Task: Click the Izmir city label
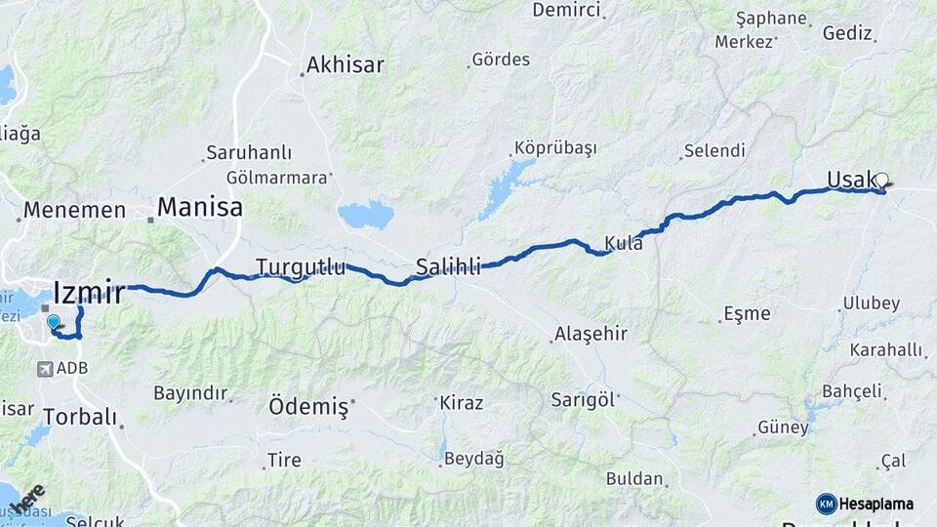click(89, 292)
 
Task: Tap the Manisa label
click(199, 207)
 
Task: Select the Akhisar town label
click(345, 65)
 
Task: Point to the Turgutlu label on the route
click(301, 266)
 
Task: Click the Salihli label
click(448, 266)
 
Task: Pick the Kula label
click(624, 243)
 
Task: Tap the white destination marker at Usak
click(882, 180)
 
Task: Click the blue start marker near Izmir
click(53, 321)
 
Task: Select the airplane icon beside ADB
click(45, 369)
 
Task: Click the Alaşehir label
click(591, 334)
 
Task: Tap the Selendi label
click(714, 151)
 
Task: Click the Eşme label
click(747, 314)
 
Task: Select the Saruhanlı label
click(249, 153)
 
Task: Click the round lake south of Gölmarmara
click(366, 215)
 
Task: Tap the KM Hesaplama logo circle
click(827, 504)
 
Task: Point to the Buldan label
click(634, 479)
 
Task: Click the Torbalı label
click(80, 417)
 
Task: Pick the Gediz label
click(847, 33)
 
